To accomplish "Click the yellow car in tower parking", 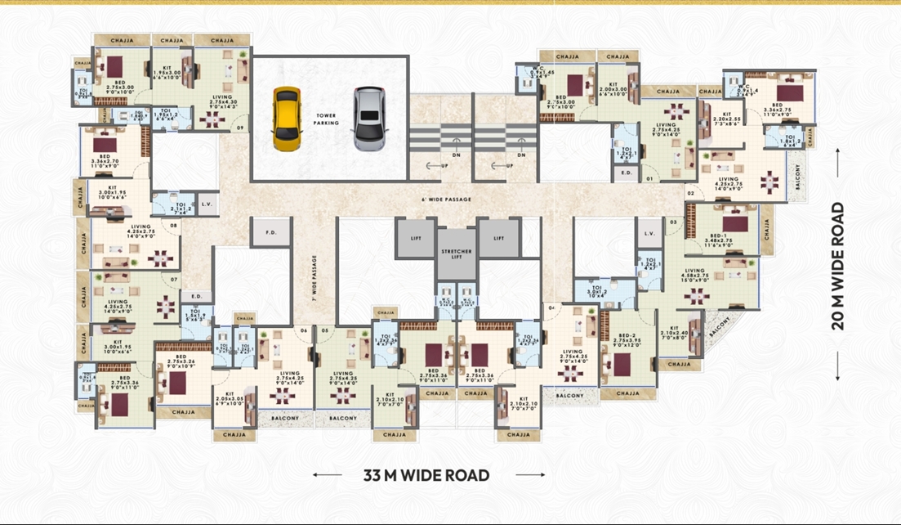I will tap(286, 118).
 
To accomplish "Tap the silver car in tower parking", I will tap(368, 119).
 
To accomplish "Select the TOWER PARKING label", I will tap(327, 119).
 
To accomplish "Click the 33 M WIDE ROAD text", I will tap(426, 475).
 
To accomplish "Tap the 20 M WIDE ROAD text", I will tap(838, 266).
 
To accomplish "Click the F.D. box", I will tap(271, 232).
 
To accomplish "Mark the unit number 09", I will tap(240, 128).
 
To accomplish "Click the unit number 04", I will tap(552, 308).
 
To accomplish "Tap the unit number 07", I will tap(174, 280).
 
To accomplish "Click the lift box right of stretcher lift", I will tap(498, 237).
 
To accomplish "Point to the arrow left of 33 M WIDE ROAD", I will tap(327, 475).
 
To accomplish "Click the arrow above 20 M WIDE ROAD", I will tap(838, 154).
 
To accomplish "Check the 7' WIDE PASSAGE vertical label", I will tap(314, 278).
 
